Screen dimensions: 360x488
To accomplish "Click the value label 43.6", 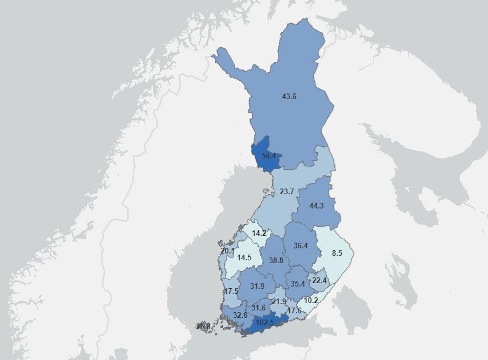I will (289, 96).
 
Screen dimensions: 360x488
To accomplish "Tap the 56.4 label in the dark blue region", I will (269, 156).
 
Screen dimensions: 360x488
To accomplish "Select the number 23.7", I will (287, 191).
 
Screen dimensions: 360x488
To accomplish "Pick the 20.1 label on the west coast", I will (227, 251).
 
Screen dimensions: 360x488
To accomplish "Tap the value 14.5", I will (244, 257).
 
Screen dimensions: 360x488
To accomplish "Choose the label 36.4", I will (301, 246).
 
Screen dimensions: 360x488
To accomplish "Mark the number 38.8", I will (277, 260).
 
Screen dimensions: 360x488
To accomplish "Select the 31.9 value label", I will (257, 286).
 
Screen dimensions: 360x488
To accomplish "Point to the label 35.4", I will (298, 284).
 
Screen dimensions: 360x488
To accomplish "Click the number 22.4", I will (319, 280).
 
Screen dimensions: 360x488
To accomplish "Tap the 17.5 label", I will (231, 291).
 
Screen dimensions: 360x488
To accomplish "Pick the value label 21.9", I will (279, 301).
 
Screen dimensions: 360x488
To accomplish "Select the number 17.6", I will (294, 310).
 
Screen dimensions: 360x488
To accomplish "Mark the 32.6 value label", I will (240, 315).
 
